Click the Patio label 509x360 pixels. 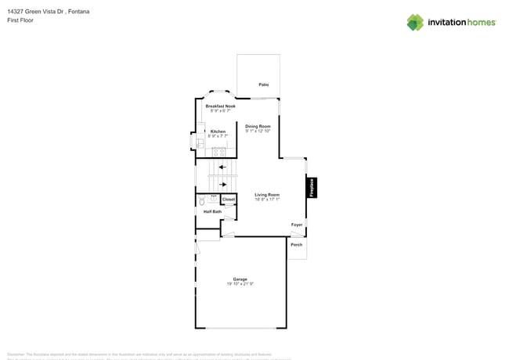point(264,85)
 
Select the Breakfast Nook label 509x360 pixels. point(220,106)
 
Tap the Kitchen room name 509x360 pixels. point(218,131)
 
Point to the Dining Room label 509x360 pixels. point(258,126)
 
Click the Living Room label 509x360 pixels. point(267,195)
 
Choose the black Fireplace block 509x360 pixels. point(311,187)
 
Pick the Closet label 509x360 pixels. point(228,200)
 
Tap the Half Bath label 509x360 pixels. point(212,212)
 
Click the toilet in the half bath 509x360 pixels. point(201,201)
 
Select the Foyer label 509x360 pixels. point(297,225)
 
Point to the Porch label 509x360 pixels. point(297,245)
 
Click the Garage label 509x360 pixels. point(240,279)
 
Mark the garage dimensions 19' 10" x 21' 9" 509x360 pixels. point(240,284)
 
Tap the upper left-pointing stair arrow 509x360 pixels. point(222,167)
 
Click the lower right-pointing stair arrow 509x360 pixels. point(222,184)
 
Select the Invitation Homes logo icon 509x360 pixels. point(415,22)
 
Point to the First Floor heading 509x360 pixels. point(19,20)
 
